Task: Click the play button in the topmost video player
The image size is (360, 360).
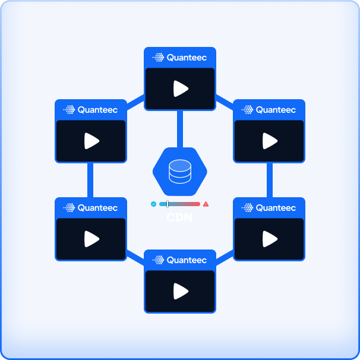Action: click(x=181, y=89)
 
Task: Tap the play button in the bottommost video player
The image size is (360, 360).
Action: click(x=181, y=291)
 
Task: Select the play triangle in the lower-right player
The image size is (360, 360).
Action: click(x=270, y=239)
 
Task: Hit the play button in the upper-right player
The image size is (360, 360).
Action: click(x=270, y=141)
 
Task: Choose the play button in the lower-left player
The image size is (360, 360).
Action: click(x=91, y=239)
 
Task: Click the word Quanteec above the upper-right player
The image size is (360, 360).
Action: click(x=276, y=110)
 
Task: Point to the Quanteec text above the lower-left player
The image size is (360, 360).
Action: click(x=97, y=208)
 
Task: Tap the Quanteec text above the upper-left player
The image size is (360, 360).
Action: click(x=97, y=110)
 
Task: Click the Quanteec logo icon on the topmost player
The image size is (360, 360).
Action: click(x=159, y=58)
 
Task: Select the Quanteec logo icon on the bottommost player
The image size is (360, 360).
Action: click(x=159, y=260)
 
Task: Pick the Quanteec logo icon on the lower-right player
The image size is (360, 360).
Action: click(x=248, y=208)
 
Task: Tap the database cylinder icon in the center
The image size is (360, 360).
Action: click(x=179, y=171)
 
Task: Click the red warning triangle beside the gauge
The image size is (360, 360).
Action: click(x=206, y=204)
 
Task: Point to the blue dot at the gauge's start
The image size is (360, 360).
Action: click(x=153, y=204)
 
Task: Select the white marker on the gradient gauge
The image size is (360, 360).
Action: click(x=168, y=204)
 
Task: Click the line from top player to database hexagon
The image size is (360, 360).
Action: click(x=180, y=128)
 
